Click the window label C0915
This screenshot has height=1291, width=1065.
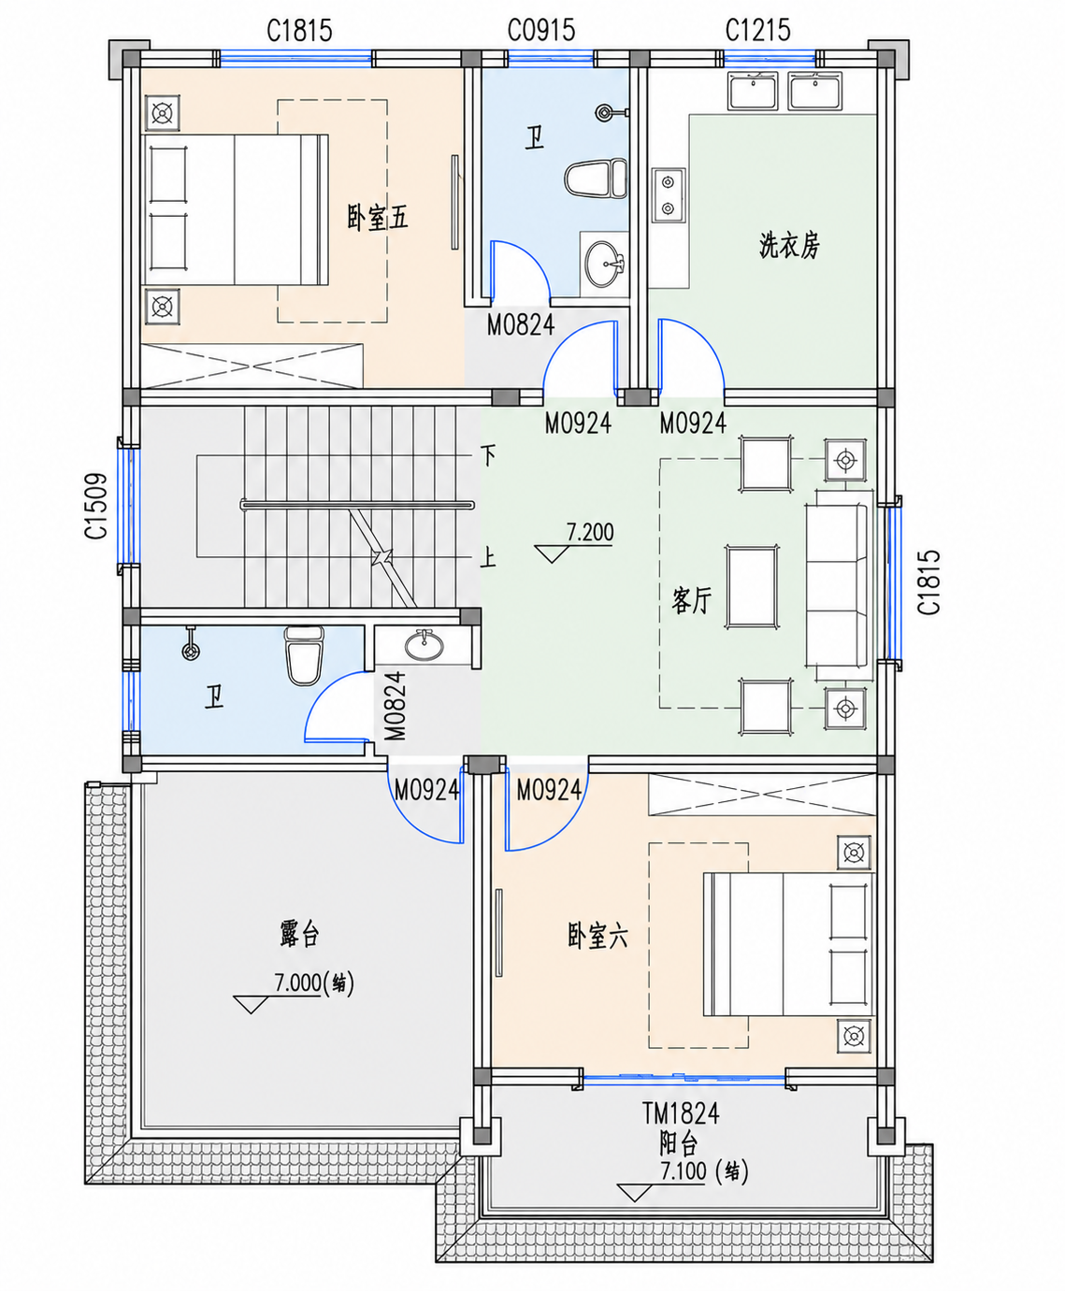(541, 30)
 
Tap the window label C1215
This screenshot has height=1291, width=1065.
(757, 30)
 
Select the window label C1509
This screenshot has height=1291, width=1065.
(96, 506)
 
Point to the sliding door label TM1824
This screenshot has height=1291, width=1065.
(681, 1113)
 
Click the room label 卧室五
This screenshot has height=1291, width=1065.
(377, 218)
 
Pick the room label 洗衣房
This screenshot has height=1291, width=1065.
(789, 246)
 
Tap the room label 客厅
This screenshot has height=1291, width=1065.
(692, 600)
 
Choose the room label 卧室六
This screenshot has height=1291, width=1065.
(597, 936)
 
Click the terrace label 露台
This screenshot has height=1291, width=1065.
(299, 933)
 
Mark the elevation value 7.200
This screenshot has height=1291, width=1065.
(590, 532)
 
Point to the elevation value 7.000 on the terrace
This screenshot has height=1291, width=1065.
(297, 983)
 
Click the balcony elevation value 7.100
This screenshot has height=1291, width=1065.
(683, 1170)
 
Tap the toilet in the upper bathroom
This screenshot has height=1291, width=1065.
(595, 179)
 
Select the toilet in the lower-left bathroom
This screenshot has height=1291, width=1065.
(304, 654)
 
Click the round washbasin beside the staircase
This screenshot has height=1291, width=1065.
(425, 646)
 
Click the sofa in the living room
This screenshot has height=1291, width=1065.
(837, 585)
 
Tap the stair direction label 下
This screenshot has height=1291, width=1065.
(489, 456)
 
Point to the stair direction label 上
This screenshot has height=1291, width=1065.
(489, 558)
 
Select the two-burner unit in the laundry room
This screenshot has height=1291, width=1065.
(668, 194)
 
